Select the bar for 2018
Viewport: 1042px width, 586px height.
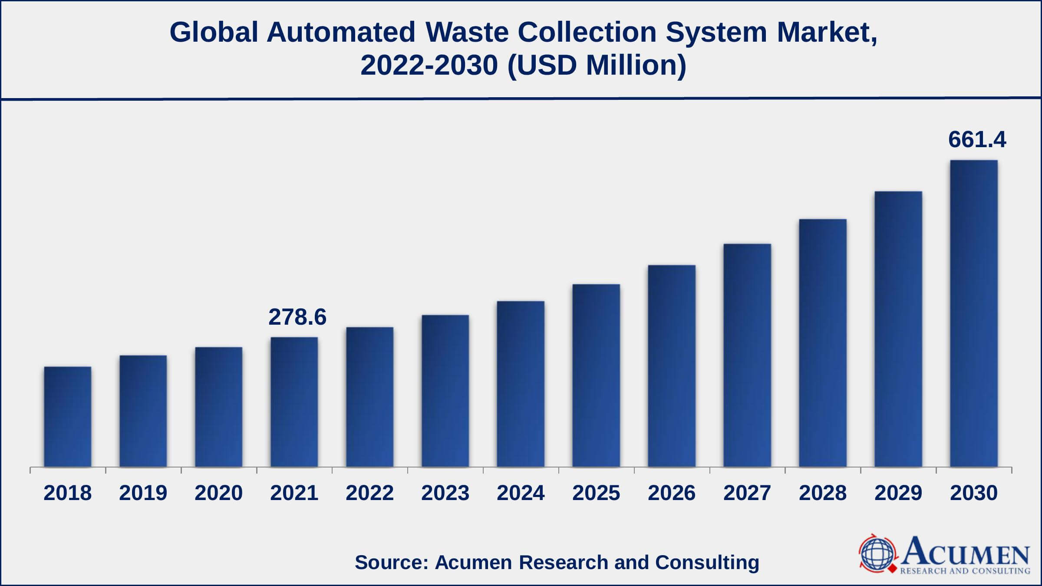tap(67, 417)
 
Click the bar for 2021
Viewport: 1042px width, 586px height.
tap(294, 402)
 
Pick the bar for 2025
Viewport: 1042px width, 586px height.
tap(596, 375)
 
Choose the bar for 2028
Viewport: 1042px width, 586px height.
tap(823, 343)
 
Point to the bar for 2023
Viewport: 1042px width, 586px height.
tap(445, 391)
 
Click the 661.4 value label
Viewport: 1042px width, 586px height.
tap(977, 140)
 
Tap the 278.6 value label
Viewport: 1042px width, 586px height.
tap(297, 317)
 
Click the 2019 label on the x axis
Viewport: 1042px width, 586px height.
tap(143, 493)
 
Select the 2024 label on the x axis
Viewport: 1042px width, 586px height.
tap(521, 493)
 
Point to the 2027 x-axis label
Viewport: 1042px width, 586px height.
tap(747, 493)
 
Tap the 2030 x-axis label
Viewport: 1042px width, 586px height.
tap(974, 493)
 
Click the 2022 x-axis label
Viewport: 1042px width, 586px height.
tap(369, 493)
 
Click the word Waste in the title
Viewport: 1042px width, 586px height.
tap(467, 32)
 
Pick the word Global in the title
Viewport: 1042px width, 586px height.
tap(214, 32)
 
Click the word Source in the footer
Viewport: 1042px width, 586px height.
tap(391, 562)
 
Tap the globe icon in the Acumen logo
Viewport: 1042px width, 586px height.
tap(877, 554)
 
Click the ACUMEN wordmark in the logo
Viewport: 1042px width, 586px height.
tap(966, 551)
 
